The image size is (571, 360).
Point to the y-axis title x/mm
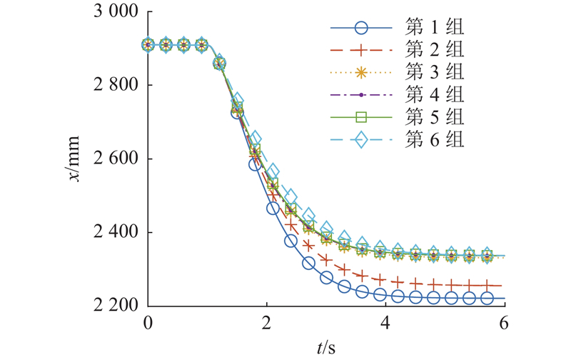click(74, 159)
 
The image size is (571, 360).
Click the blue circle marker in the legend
click(361, 29)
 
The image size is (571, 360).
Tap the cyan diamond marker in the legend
click(361, 139)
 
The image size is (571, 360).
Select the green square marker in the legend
click(361, 116)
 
